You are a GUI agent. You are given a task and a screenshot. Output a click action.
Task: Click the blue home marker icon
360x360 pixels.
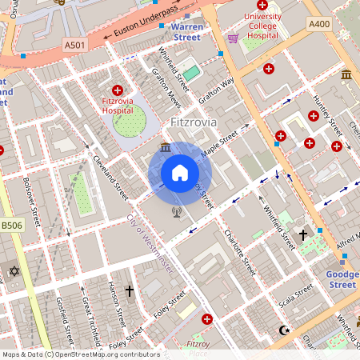click(x=180, y=172)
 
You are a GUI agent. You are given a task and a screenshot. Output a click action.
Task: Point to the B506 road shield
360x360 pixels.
click(x=10, y=226)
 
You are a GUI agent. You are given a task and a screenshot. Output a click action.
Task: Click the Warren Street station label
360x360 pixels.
click(x=186, y=31)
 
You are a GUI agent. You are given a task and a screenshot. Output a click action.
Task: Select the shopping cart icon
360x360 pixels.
click(x=233, y=38)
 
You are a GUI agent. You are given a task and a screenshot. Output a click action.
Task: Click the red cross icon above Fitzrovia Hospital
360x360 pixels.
click(x=118, y=90)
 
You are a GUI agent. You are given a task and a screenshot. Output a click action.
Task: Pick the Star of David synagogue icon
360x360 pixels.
click(x=13, y=272)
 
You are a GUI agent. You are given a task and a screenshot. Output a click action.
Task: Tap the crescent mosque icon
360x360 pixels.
click(x=282, y=330)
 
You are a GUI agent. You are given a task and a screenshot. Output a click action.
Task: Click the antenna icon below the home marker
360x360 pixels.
click(x=177, y=212)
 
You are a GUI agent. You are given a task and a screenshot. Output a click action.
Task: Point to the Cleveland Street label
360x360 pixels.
click(x=110, y=177)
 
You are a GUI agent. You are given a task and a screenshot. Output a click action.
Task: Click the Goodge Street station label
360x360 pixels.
click(x=342, y=279)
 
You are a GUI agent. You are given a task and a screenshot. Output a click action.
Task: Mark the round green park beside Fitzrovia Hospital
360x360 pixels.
click(x=129, y=121)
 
